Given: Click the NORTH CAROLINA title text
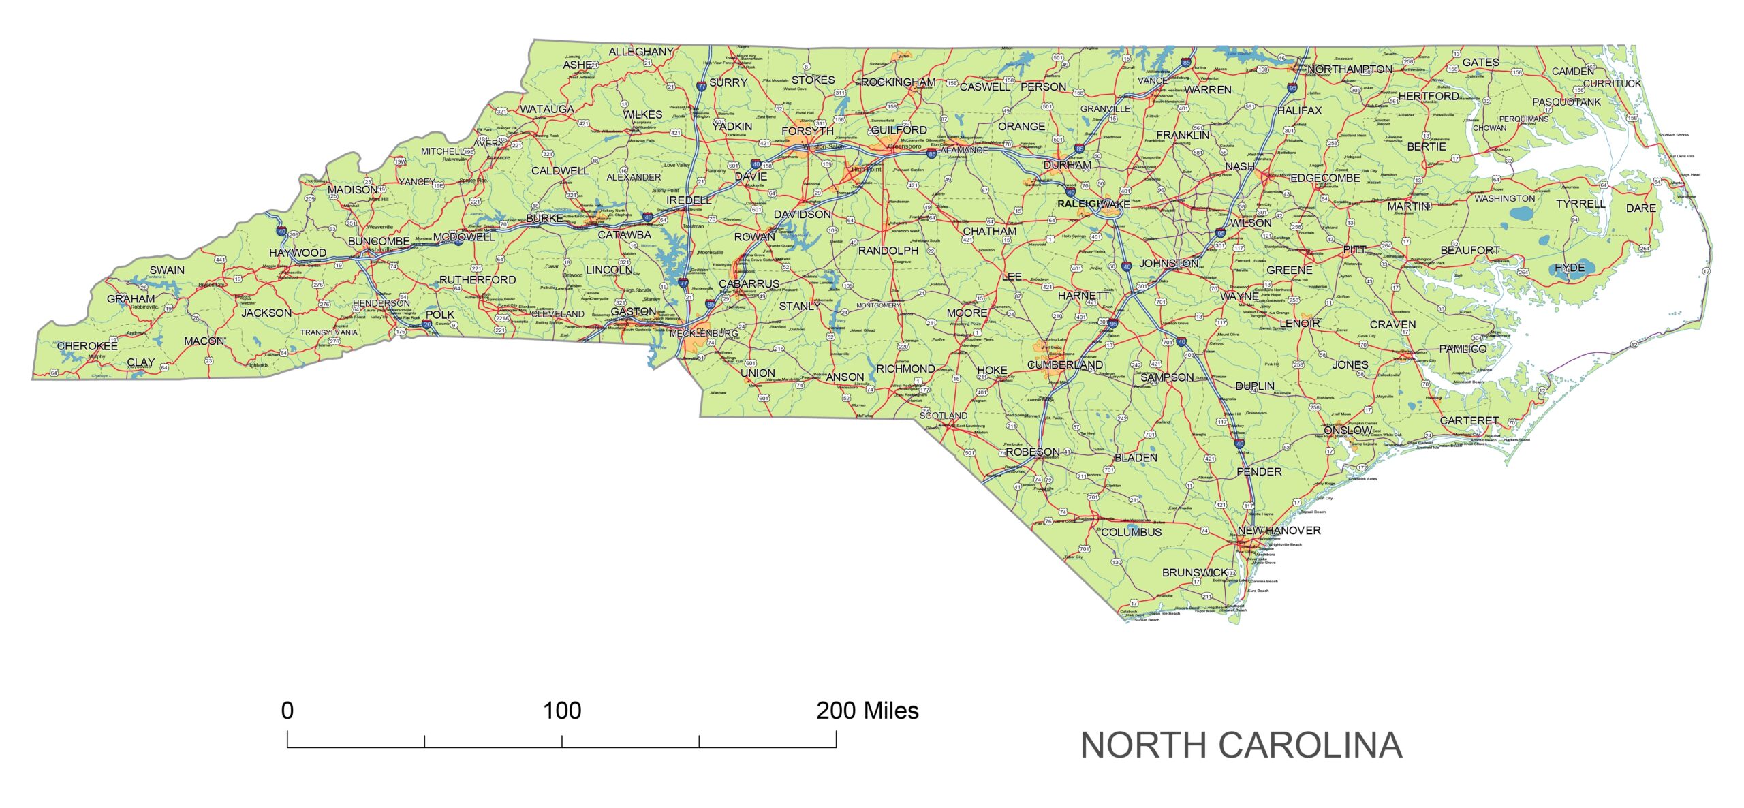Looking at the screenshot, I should tap(1241, 745).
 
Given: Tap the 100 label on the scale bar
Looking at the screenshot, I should tap(561, 711).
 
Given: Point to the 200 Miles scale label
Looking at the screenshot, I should tap(867, 711).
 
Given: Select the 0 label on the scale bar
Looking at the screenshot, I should tap(287, 711).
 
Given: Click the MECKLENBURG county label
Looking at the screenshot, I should tap(704, 333).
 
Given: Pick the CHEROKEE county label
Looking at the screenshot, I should tap(87, 346).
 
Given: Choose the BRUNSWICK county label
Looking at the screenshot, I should tap(1194, 572).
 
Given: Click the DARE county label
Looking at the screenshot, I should tap(1640, 208).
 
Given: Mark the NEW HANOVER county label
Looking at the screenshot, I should tap(1279, 530).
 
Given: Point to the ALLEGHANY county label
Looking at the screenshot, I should tap(640, 52).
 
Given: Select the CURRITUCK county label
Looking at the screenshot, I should tap(1612, 84).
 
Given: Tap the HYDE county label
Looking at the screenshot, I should tap(1570, 268).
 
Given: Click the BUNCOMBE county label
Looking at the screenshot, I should tap(379, 241).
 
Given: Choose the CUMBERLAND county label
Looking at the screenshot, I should tap(1065, 365).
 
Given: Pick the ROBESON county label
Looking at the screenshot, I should tap(1032, 452).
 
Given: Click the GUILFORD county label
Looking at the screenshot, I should tap(899, 129).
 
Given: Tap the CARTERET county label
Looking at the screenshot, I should tap(1469, 421).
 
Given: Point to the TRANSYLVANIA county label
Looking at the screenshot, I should tap(329, 332).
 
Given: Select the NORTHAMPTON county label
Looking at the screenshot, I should tap(1350, 69).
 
